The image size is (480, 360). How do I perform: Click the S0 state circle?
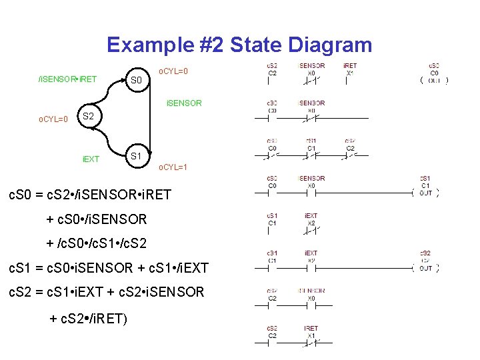[137, 80]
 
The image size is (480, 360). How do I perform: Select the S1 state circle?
[135, 155]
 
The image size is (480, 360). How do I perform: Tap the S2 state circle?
[89, 117]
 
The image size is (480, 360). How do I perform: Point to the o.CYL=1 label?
[172, 167]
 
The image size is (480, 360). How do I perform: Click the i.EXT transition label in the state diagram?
[90, 159]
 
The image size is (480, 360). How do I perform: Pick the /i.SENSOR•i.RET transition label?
[67, 79]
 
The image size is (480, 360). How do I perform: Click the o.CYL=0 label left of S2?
[53, 119]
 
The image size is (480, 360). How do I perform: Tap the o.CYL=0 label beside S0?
[173, 70]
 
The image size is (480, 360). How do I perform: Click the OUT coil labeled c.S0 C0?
[434, 81]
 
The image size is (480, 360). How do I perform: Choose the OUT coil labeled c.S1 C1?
[425, 193]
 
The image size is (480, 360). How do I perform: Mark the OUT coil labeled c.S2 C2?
[425, 268]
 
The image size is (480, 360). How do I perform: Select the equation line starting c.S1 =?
[107, 268]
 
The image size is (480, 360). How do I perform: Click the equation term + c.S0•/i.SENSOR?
[96, 219]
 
